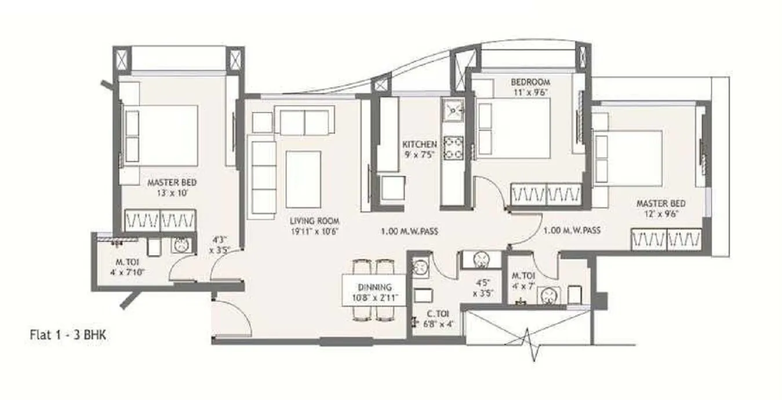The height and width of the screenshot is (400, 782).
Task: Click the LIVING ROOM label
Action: tap(315, 221)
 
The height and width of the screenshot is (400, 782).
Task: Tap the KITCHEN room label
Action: tap(420, 144)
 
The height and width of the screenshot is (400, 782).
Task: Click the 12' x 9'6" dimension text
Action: tap(661, 213)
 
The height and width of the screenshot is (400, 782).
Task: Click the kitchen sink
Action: tap(452, 109)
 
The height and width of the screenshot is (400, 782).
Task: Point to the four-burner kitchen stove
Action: tap(452, 147)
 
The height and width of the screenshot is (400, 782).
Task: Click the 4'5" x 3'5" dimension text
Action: tap(482, 288)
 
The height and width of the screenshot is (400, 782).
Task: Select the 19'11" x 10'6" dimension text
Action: tap(315, 231)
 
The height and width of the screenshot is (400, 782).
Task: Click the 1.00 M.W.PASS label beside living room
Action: tap(409, 232)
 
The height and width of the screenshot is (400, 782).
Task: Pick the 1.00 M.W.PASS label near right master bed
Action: tap(572, 230)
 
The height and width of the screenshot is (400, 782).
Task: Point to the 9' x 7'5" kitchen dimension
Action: tap(420, 154)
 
